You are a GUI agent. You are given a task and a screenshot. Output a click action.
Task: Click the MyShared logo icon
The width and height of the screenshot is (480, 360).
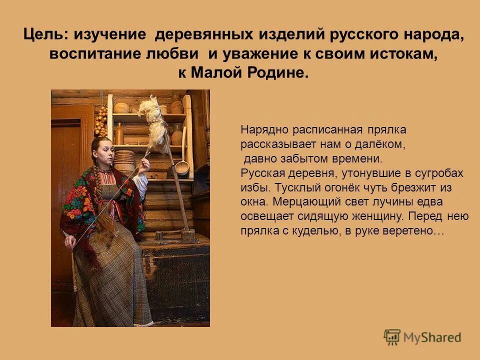coord(392,337)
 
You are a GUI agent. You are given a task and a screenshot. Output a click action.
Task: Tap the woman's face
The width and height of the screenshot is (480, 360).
coord(102,152)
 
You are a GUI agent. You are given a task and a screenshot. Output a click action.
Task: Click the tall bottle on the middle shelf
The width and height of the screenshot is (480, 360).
coord(119,134)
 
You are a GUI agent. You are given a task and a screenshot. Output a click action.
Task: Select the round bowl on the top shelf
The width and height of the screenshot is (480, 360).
coord(121,107)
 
